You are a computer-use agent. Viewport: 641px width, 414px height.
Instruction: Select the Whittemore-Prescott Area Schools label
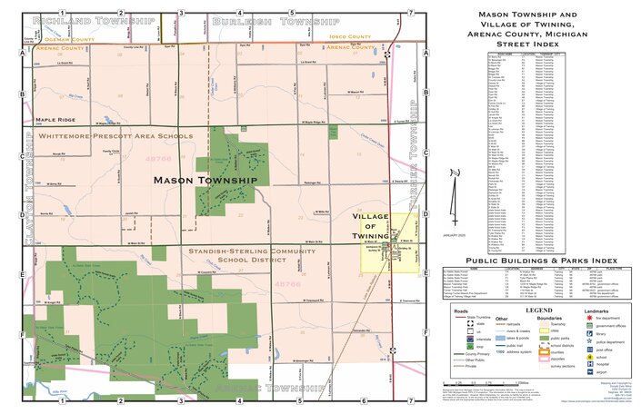click(x=115, y=136)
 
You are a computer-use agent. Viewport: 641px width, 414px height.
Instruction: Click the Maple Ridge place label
click(x=55, y=119)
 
